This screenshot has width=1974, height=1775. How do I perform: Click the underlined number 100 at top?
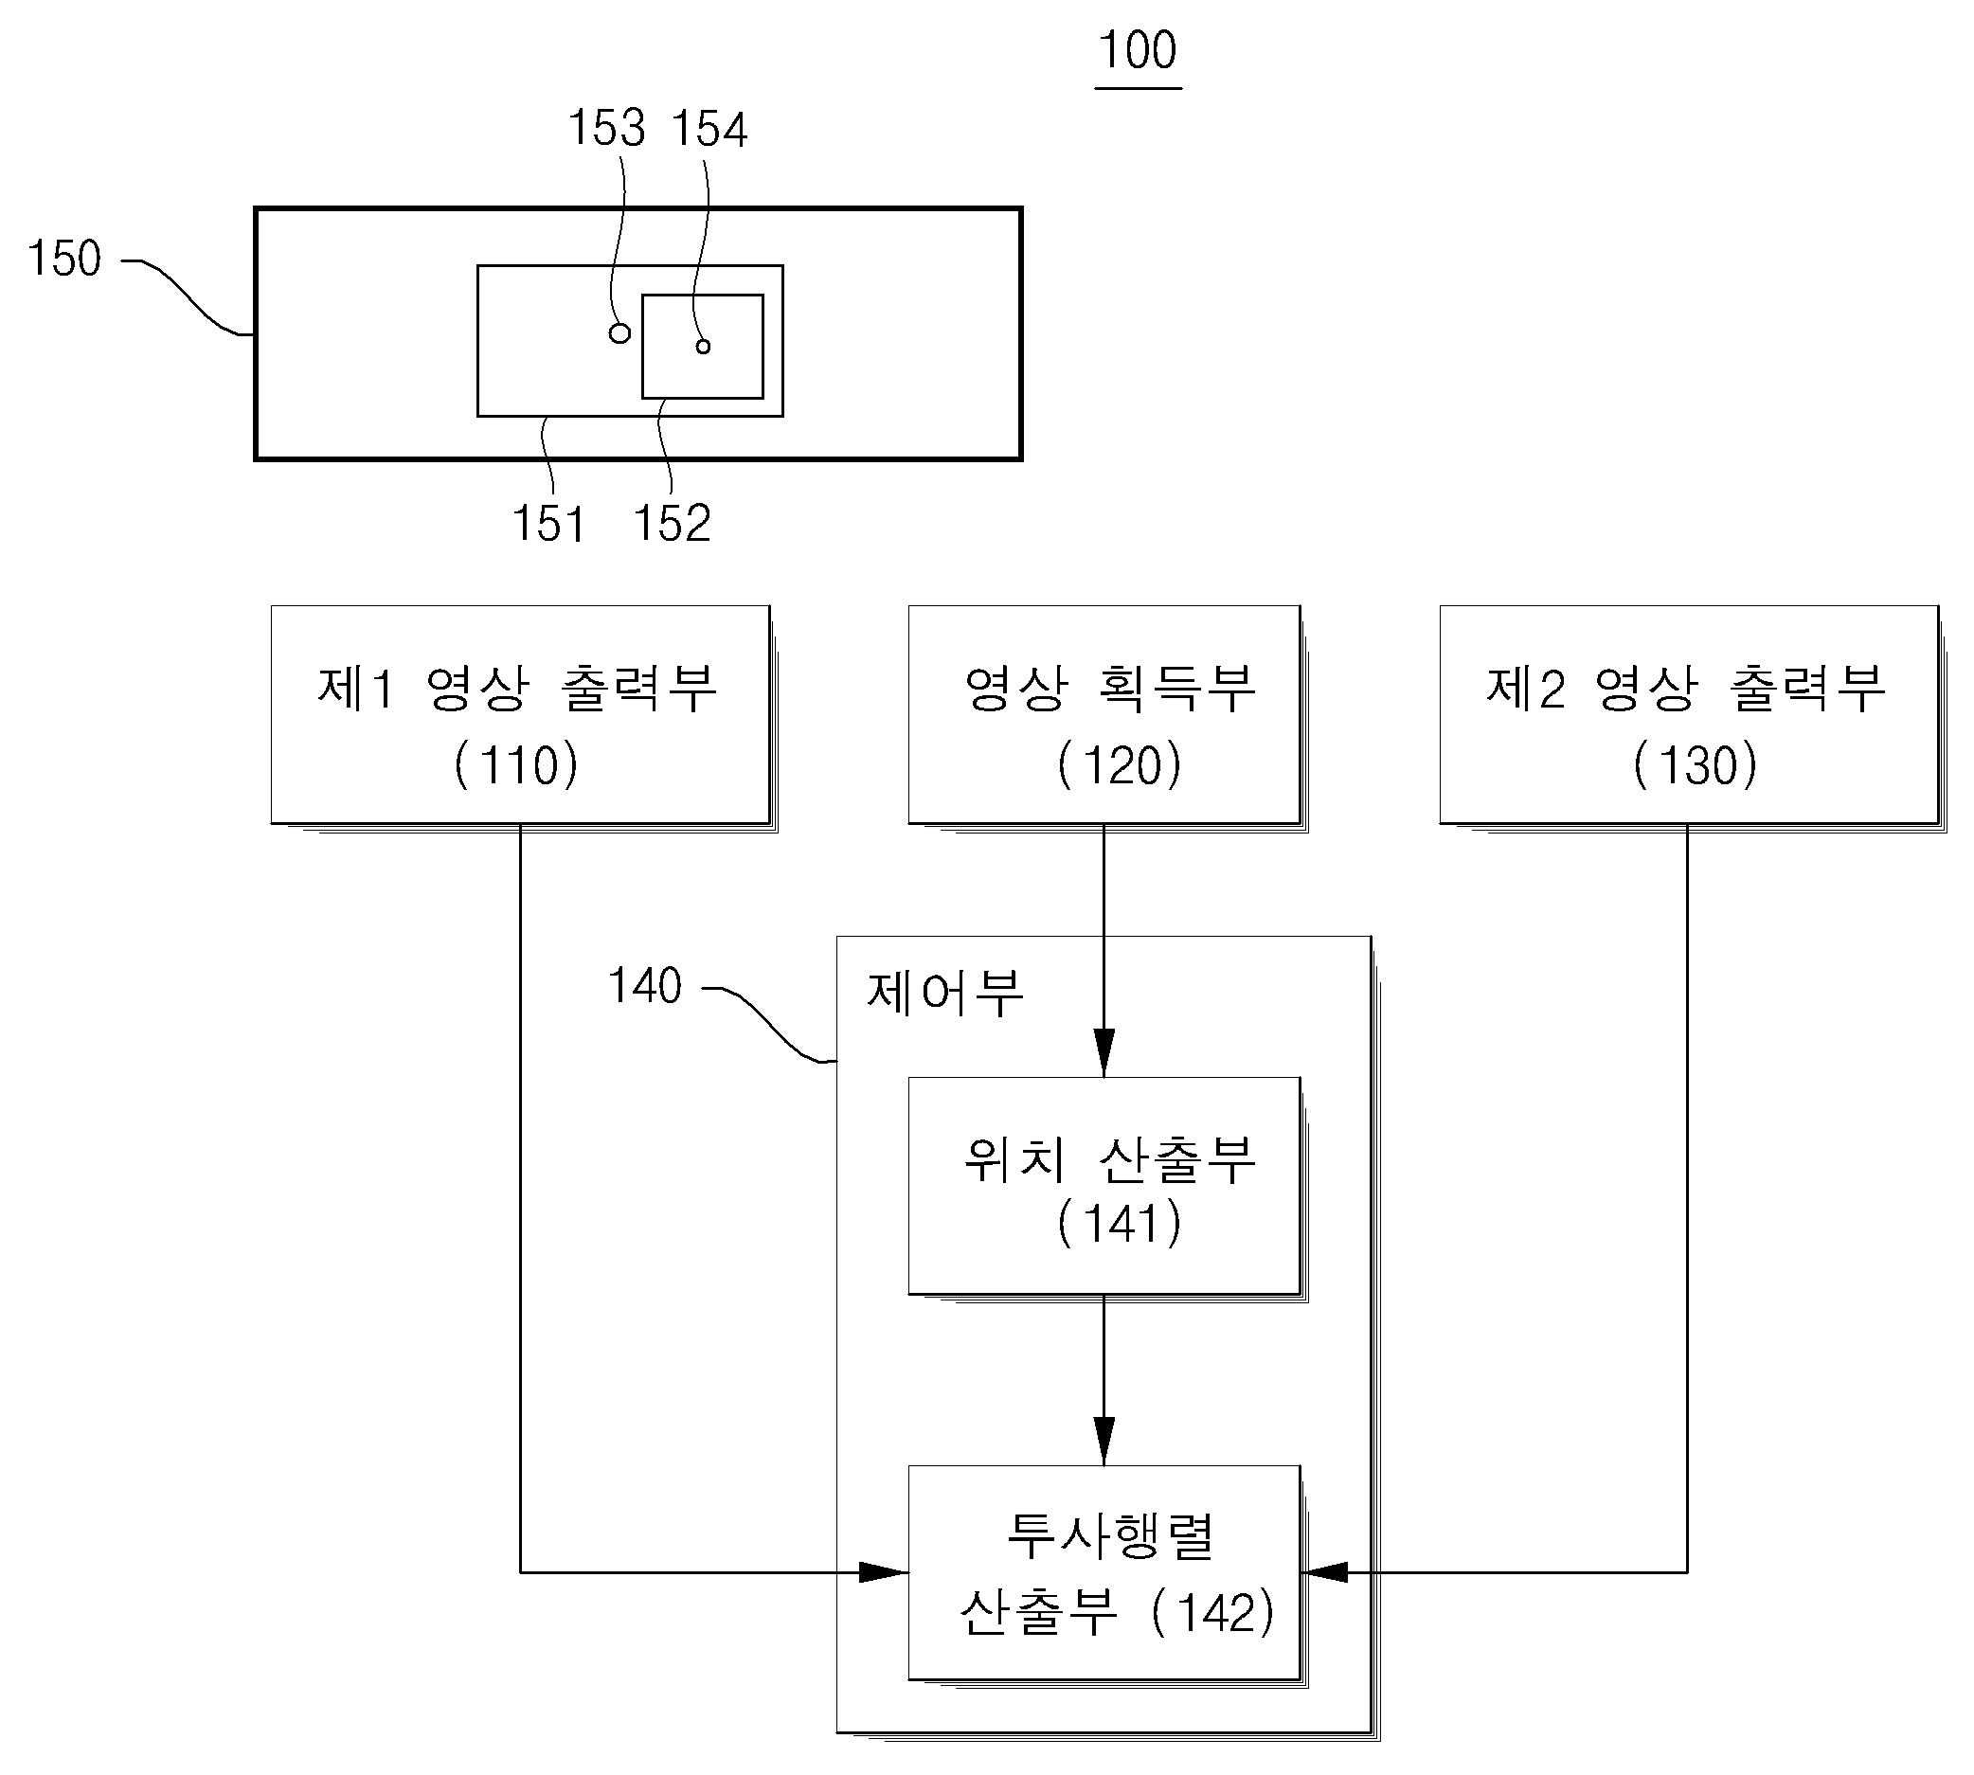click(x=1138, y=51)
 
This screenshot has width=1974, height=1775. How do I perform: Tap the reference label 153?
click(x=606, y=128)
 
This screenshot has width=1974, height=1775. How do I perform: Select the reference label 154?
click(x=710, y=129)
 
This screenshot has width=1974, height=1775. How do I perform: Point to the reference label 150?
click(x=64, y=259)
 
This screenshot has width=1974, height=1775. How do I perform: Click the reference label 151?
click(x=548, y=524)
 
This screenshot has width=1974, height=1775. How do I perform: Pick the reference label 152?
click(x=672, y=524)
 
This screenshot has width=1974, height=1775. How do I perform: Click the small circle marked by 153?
click(x=619, y=333)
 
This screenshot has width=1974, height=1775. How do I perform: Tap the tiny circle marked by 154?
click(x=703, y=347)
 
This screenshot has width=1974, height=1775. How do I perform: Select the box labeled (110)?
click(x=521, y=715)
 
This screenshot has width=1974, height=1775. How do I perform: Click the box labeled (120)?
click(x=1104, y=715)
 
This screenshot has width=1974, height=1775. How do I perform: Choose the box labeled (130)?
click(x=1689, y=715)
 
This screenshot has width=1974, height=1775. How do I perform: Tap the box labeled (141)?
click(x=1104, y=1186)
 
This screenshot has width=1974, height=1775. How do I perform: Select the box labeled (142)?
click(x=1104, y=1572)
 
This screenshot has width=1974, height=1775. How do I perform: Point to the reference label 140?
click(x=645, y=986)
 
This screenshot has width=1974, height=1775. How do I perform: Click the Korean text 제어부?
click(x=945, y=993)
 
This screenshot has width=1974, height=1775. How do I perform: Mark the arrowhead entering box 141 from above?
click(x=1104, y=1052)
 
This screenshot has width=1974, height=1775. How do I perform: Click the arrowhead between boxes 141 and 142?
click(x=1104, y=1441)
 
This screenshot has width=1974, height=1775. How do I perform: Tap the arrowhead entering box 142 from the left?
click(x=884, y=1572)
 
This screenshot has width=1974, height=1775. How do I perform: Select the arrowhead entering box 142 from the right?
click(x=1325, y=1572)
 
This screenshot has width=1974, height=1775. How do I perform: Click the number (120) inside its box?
click(x=1119, y=764)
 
